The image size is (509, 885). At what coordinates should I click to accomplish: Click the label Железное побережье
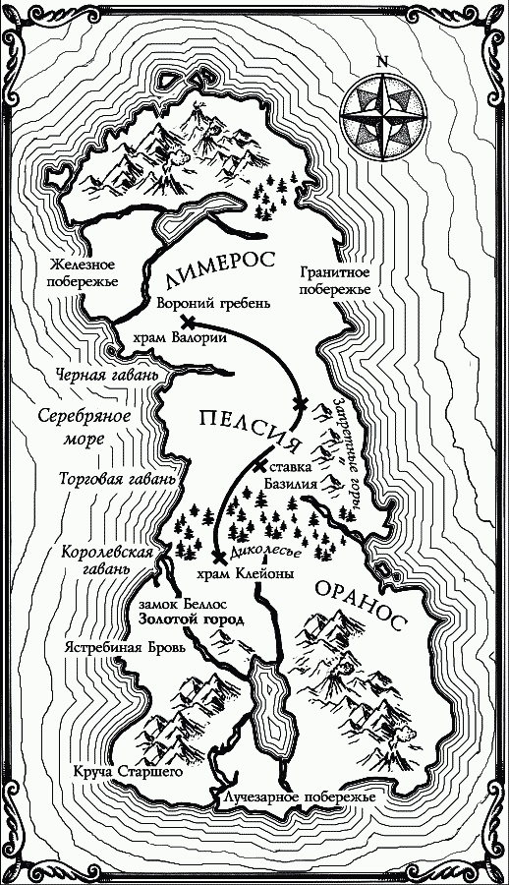click(x=83, y=274)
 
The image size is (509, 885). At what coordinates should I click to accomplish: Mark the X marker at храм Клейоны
click(x=214, y=558)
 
